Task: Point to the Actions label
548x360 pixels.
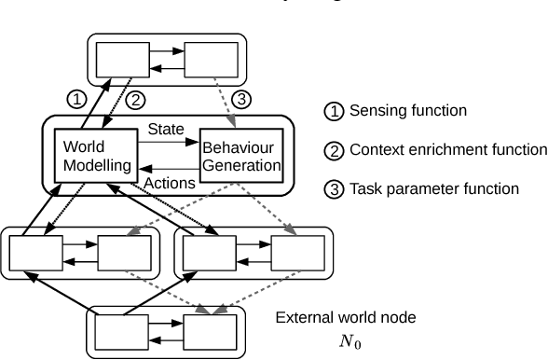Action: pos(168,183)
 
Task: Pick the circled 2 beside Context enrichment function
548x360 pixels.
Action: pos(333,150)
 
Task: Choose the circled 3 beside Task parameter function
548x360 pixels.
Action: pos(333,188)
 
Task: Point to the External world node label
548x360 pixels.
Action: pos(345,318)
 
